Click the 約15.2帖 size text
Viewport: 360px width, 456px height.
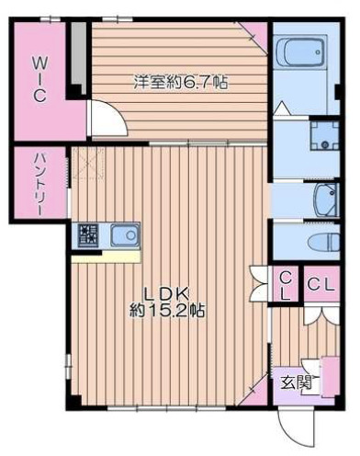[x=166, y=310]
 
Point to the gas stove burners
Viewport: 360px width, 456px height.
[x=88, y=236]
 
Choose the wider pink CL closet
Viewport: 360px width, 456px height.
[x=321, y=286]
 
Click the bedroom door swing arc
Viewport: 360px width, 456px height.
[x=103, y=119]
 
